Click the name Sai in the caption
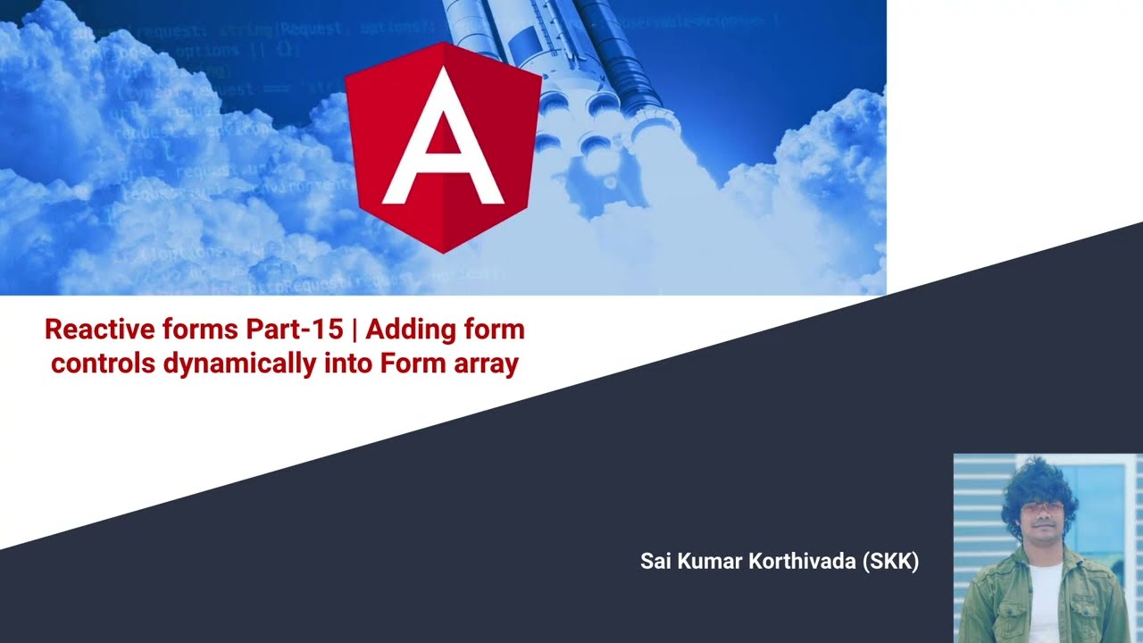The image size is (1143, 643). pyautogui.click(x=656, y=562)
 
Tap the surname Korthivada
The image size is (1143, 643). pyautogui.click(x=801, y=562)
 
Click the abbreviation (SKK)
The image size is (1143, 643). pyautogui.click(x=891, y=562)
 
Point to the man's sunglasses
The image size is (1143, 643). pyautogui.click(x=1039, y=508)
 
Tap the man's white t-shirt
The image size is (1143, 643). pyautogui.click(x=1045, y=598)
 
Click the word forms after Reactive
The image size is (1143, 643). pyautogui.click(x=195, y=330)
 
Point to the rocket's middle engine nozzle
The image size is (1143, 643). pyautogui.click(x=595, y=143)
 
